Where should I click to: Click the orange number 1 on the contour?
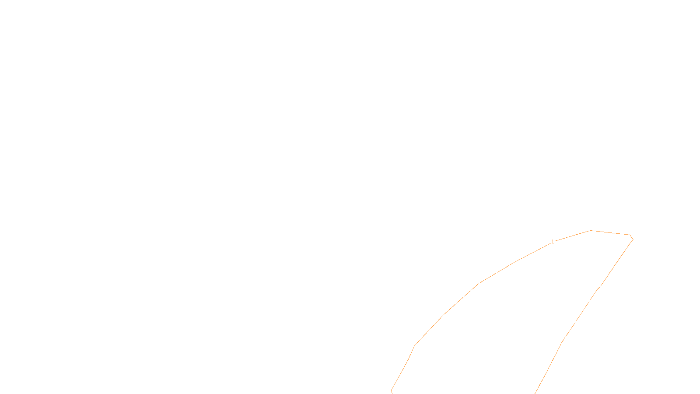click(553, 242)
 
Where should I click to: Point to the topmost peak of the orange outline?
click(591, 230)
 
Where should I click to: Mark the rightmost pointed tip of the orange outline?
click(633, 239)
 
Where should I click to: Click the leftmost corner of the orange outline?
click(391, 390)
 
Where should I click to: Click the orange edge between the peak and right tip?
click(610, 232)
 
